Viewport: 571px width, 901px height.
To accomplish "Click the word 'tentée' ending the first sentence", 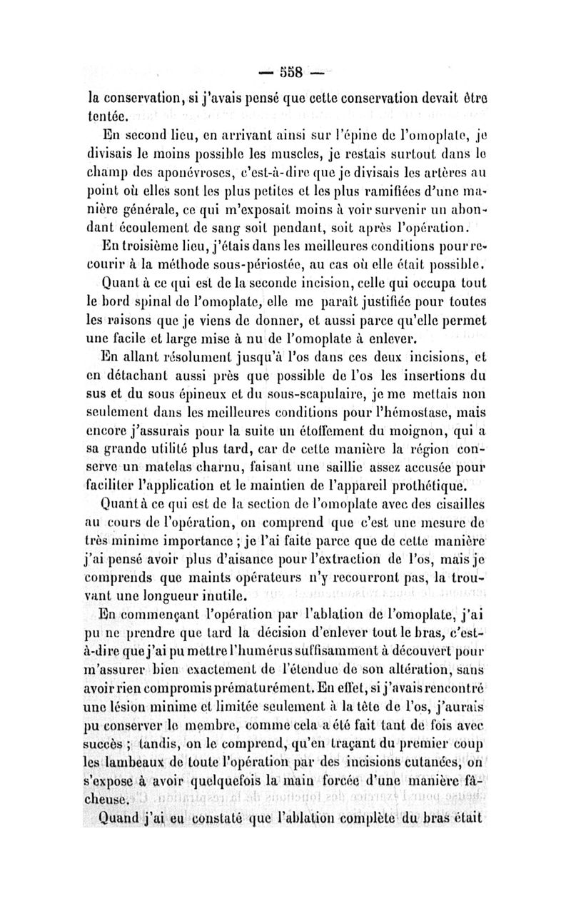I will (108, 114).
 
